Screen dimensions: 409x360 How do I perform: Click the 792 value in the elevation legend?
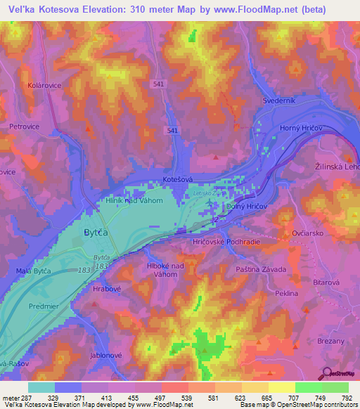[x=347, y=397]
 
